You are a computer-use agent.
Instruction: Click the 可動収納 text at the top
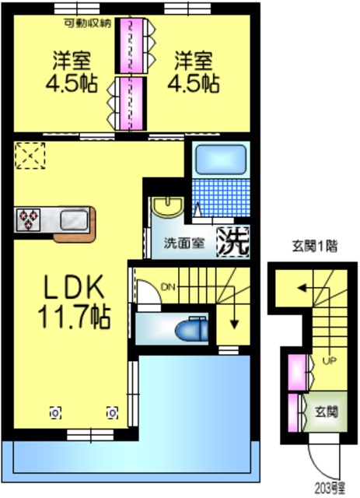tap(89, 23)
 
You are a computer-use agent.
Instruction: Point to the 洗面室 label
tap(183, 242)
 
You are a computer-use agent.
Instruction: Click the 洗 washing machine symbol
tap(232, 240)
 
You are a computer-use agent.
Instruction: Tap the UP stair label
tap(329, 360)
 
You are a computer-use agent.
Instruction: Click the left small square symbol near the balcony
tap(54, 412)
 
